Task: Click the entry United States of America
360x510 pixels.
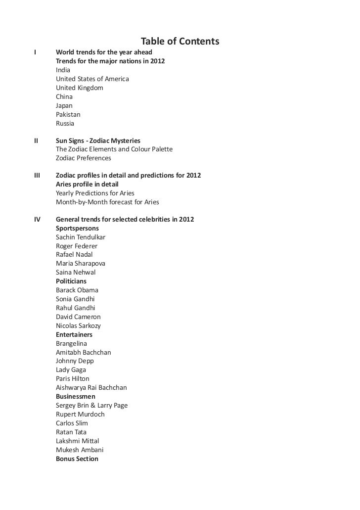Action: coord(92,79)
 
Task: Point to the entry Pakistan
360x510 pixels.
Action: coord(68,115)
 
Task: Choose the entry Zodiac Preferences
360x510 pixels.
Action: coord(84,158)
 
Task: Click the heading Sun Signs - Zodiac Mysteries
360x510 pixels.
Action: coord(98,141)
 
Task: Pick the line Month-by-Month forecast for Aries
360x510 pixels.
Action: coord(107,202)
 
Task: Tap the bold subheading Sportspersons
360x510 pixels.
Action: coord(77,228)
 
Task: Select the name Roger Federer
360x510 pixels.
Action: coord(77,246)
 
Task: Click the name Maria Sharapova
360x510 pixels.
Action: coord(80,264)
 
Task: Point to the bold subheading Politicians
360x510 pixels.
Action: coord(71,281)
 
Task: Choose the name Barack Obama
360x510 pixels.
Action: coord(77,290)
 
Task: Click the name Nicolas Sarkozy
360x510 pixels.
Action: coord(78,326)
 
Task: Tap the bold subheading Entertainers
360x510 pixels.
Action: coord(74,335)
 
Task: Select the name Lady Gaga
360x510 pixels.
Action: coord(71,370)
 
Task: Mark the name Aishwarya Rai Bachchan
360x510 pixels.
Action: coord(91,388)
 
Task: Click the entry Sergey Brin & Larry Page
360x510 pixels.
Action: coord(91,406)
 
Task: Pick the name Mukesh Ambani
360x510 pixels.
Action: coord(80,450)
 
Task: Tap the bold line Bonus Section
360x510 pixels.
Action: coord(77,459)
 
